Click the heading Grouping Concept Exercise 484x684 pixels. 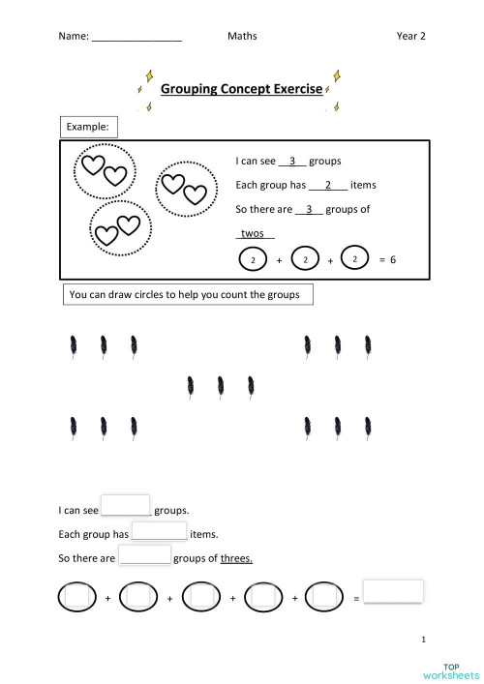[240, 89]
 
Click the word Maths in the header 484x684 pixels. [242, 37]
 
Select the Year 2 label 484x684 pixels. [410, 37]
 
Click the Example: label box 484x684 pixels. [89, 127]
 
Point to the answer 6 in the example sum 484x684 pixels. [394, 260]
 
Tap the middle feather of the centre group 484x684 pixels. [221, 387]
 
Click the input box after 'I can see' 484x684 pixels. [126, 506]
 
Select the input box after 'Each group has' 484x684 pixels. [159, 531]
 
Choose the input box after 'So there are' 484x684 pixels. [145, 556]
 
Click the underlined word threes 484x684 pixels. [236, 558]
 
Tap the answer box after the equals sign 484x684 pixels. [394, 591]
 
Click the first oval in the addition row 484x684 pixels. [78, 598]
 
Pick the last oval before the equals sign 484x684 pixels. [324, 598]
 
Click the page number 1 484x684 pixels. [424, 639]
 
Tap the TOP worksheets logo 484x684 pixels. [451, 669]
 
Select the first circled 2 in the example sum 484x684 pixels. [253, 260]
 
